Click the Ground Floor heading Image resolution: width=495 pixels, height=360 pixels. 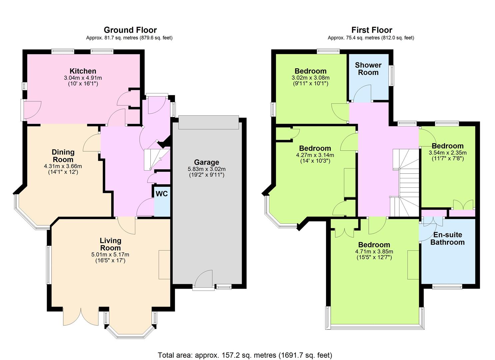click(130, 30)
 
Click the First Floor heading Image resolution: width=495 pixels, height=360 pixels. click(372, 30)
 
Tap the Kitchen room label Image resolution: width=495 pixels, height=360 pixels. click(83, 71)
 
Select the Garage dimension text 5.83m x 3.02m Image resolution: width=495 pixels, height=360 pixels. click(207, 169)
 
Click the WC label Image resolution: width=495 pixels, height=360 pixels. click(162, 194)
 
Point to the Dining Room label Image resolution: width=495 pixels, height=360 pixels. click(63, 156)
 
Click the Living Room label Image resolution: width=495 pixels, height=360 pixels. click(110, 244)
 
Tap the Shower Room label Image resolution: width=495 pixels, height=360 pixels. click(368, 69)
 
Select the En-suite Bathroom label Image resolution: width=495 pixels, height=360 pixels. click(447, 238)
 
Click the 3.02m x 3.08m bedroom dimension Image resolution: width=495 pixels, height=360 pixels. click(310, 78)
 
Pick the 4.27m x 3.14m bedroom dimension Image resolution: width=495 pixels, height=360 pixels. click(315, 155)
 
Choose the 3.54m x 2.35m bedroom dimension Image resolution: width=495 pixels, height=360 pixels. click(447, 152)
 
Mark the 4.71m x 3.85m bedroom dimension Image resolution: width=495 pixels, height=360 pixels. click(374, 251)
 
